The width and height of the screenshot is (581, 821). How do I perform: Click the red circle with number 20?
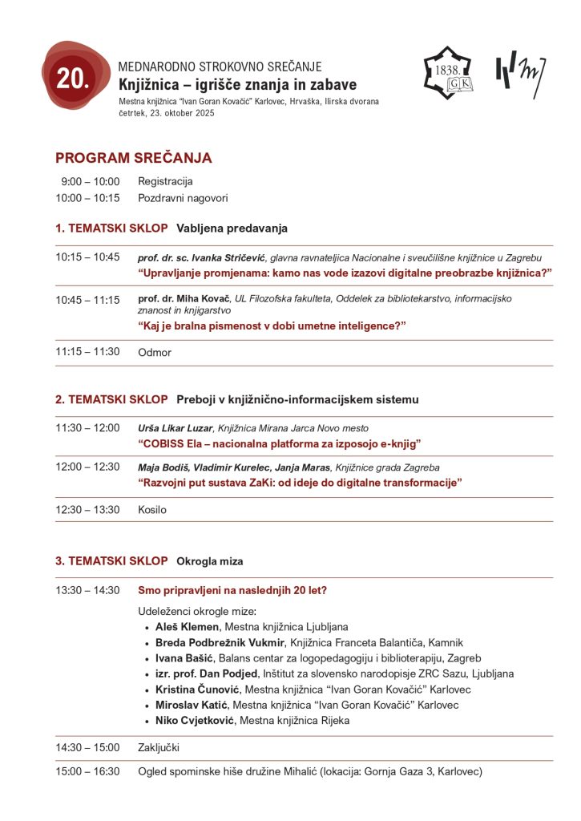click(x=75, y=77)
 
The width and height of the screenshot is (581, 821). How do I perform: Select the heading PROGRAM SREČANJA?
click(x=133, y=158)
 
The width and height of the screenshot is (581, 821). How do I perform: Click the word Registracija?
click(x=165, y=181)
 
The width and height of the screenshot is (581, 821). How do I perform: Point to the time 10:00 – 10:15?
click(x=87, y=198)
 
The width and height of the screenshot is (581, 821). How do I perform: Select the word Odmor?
click(x=155, y=352)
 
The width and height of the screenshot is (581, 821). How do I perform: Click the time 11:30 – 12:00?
click(x=87, y=428)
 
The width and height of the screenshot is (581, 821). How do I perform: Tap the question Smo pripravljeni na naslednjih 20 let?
click(x=232, y=591)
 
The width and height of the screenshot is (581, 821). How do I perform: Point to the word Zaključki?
click(x=159, y=748)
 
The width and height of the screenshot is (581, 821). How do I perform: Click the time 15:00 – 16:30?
click(x=87, y=771)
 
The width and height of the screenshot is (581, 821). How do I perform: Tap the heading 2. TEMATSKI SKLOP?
click(x=111, y=399)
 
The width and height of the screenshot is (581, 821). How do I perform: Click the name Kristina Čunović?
click(x=197, y=690)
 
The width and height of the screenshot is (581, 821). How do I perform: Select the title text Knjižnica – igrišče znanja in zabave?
click(x=237, y=85)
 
